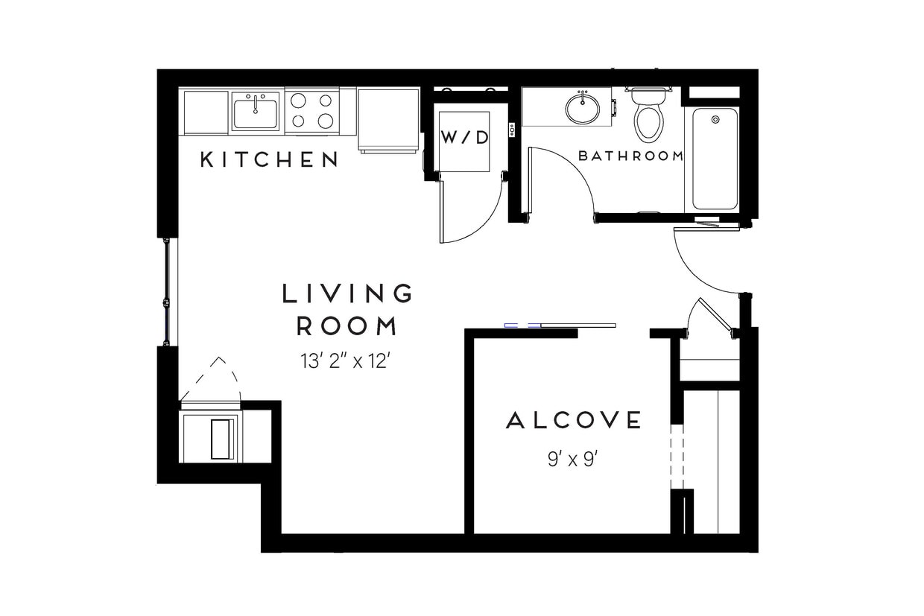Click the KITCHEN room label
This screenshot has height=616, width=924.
269,159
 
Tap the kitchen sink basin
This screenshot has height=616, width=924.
256,114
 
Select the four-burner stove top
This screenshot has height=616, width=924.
311,111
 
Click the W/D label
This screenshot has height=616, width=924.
464,137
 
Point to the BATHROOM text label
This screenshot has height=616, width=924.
630,156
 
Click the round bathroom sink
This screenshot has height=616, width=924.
581,109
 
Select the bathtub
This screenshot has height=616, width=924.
715,159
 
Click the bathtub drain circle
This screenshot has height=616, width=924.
715,118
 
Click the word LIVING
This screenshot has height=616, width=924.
347,293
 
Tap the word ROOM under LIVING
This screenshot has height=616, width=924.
347,326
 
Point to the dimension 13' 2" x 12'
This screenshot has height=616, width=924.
346,362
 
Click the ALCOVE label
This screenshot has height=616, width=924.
573,421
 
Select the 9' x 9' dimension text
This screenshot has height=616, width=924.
573,460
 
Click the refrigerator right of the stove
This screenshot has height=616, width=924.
388,119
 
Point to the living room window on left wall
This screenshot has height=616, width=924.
169,291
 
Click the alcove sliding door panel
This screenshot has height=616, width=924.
578,326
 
